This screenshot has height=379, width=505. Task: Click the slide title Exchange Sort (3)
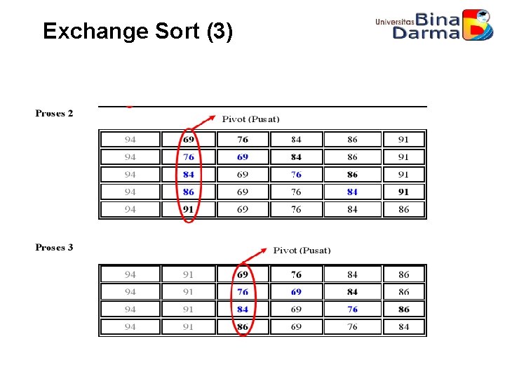click(137, 32)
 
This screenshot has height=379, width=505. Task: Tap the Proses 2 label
click(55, 113)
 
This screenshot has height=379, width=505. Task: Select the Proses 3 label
click(55, 247)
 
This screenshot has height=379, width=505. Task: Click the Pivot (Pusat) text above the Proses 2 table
click(250, 119)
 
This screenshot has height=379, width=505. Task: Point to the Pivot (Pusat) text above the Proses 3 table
click(302, 250)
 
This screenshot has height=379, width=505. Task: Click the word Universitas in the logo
click(395, 22)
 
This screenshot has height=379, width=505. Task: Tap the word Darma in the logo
click(426, 33)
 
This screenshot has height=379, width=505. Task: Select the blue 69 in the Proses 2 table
click(242, 157)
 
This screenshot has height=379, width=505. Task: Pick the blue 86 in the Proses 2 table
click(188, 192)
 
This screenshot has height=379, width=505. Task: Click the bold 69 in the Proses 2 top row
click(188, 139)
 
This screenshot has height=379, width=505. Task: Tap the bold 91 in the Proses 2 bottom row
click(188, 209)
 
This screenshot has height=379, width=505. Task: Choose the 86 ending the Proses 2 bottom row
click(403, 209)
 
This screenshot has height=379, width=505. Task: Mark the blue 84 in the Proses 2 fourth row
click(352, 192)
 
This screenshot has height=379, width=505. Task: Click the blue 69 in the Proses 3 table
click(296, 291)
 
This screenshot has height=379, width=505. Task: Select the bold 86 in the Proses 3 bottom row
click(242, 326)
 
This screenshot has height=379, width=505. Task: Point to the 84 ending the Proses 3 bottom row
click(403, 326)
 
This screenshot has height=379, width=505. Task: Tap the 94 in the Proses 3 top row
click(130, 274)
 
